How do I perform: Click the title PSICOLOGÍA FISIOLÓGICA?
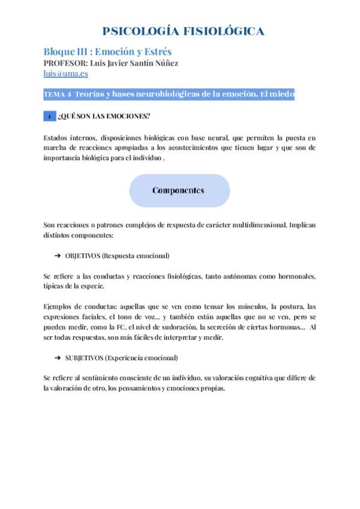pos(184,32)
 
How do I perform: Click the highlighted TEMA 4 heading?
pos(169,95)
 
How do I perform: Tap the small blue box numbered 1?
pos(50,116)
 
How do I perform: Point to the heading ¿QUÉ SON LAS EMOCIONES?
pos(96,116)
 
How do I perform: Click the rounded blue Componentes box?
pos(179,191)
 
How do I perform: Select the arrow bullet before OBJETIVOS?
pos(58,256)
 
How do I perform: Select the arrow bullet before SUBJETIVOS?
pos(58,358)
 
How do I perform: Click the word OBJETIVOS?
pos(82,256)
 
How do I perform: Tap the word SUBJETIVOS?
pos(83,358)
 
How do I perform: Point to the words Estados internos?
pos(64,137)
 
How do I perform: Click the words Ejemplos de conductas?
pos(73,307)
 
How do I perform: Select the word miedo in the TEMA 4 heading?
pos(281,95)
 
